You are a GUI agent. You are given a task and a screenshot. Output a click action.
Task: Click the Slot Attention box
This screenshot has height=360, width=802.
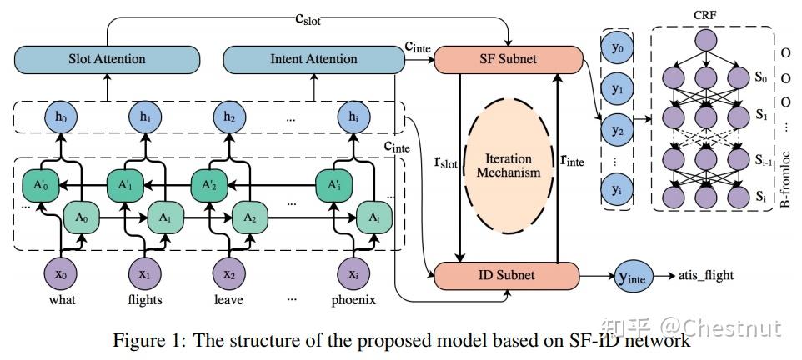pos(107,59)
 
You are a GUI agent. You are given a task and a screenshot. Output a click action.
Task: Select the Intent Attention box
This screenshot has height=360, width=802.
pos(313,59)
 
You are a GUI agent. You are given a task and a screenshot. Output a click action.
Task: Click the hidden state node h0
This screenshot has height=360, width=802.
pos(61,117)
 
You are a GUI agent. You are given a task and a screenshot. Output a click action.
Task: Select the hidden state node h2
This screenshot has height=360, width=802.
pos(229,117)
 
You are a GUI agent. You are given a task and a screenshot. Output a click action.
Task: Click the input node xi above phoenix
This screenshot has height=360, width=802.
pos(353,272)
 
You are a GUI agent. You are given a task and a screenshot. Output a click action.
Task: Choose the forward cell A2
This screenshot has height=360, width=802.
pos(248,216)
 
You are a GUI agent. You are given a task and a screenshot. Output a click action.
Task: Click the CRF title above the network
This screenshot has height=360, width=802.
pos(705,14)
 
